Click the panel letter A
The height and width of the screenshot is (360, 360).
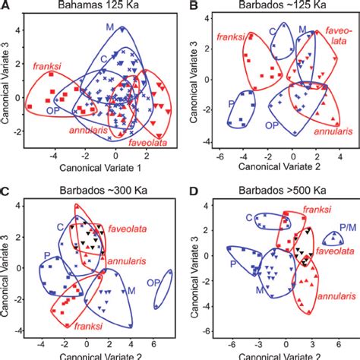click(x=5, y=6)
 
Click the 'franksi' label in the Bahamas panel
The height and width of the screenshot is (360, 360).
click(x=47, y=66)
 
